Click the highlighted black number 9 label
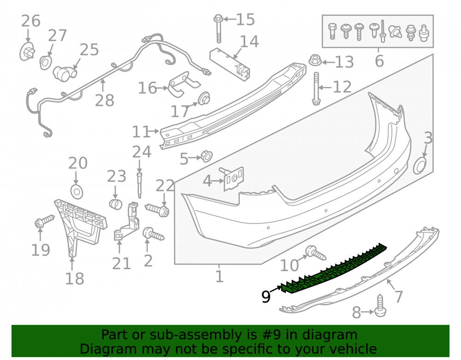click(266, 296)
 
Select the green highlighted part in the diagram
click(334, 268)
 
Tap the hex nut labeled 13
click(315, 60)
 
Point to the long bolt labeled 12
click(316, 89)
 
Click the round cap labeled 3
click(420, 166)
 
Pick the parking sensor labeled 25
click(65, 73)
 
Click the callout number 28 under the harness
click(105, 100)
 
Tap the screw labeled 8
click(380, 306)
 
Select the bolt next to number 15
click(218, 29)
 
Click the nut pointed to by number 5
click(207, 156)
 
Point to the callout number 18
click(74, 278)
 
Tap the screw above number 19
click(45, 221)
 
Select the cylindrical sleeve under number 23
click(116, 204)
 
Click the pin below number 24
click(139, 185)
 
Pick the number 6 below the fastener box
click(379, 61)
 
